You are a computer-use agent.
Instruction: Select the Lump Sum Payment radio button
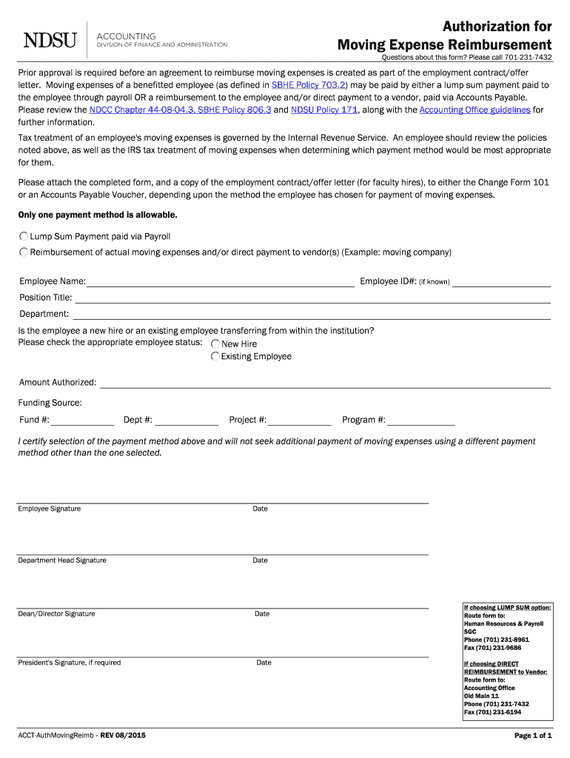point(24,236)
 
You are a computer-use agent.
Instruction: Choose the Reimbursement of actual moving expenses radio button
point(24,252)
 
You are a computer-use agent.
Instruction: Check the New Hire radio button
point(215,343)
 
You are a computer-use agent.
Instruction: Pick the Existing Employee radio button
point(215,356)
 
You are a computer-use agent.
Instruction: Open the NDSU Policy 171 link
point(324,110)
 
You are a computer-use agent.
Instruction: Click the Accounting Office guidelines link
point(475,110)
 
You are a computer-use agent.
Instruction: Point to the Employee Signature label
point(50,509)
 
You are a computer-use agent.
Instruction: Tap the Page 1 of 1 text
point(533,736)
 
